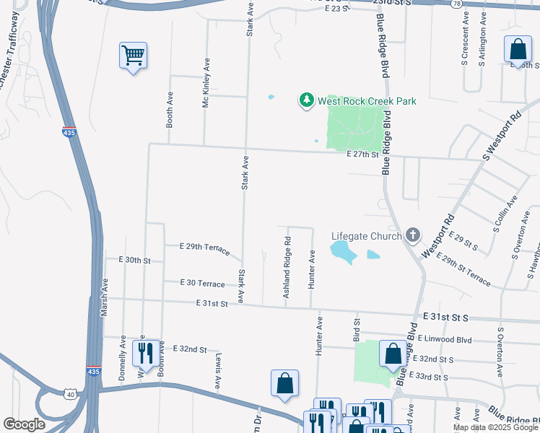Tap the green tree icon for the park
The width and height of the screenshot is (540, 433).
(308, 100)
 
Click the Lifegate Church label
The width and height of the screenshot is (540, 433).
(366, 235)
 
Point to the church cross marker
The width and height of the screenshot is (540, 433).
(413, 235)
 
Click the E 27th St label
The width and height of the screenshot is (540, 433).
(362, 154)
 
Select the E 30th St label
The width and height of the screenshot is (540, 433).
(135, 260)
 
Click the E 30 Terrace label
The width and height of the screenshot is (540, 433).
(202, 284)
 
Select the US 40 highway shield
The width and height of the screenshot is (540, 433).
(70, 394)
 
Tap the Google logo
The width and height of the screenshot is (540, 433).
(25, 424)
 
